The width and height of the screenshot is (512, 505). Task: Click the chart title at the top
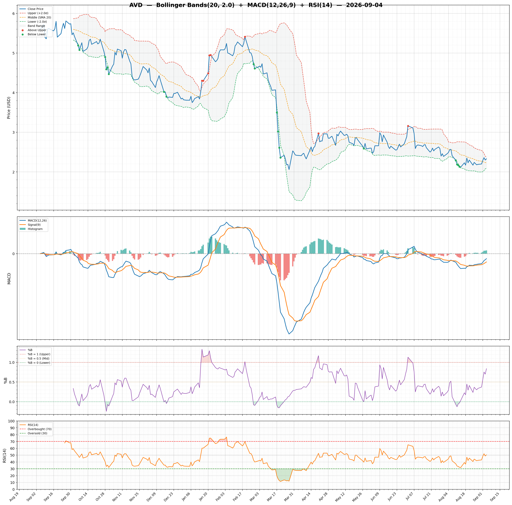[x=256, y=5]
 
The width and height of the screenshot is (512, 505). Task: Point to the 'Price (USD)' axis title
[x=9, y=108]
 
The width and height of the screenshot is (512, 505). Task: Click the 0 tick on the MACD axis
[x=13, y=254]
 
